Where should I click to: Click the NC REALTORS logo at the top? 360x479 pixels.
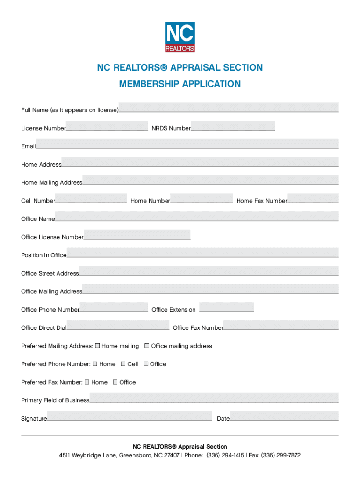(x=180, y=37)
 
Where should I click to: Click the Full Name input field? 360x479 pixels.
(x=229, y=108)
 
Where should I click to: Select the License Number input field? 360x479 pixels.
(x=107, y=126)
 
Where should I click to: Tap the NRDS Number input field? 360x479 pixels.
(x=233, y=126)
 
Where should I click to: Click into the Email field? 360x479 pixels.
(x=187, y=144)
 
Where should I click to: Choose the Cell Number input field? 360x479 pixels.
(x=91, y=198)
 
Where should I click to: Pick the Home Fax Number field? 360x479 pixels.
(x=313, y=198)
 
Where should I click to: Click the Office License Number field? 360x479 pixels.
(x=137, y=235)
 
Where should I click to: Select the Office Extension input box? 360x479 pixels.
(x=226, y=307)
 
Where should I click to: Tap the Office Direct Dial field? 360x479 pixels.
(x=118, y=326)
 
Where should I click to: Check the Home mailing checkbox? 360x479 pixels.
(x=98, y=346)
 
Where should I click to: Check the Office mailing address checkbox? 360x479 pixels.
(x=147, y=346)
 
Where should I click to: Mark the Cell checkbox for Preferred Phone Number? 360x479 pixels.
(x=123, y=364)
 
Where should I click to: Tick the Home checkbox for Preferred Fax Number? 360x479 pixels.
(x=87, y=382)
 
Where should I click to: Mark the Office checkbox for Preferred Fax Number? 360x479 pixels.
(x=115, y=382)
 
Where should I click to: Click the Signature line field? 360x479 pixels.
(x=129, y=416)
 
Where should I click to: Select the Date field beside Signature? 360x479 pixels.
(x=284, y=416)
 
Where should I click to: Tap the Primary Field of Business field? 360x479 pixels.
(x=214, y=398)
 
